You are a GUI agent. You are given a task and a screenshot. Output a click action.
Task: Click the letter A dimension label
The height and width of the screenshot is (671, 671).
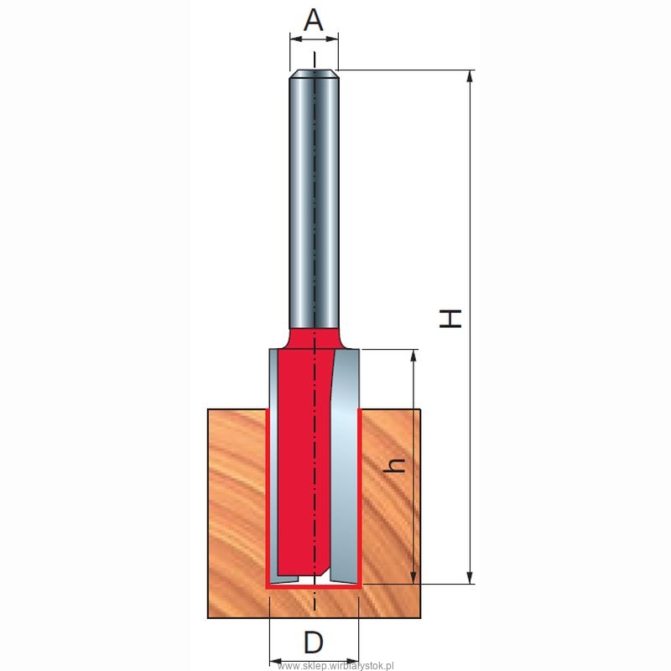(x=313, y=20)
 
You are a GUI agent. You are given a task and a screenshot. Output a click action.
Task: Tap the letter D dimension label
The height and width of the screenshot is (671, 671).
(x=313, y=642)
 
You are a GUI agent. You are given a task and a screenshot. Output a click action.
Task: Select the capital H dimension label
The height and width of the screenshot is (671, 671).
(x=450, y=319)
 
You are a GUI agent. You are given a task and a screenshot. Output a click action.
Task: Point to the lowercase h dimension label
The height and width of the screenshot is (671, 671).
(x=394, y=466)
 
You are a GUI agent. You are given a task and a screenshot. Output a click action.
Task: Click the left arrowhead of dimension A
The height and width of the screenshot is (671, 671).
(x=296, y=39)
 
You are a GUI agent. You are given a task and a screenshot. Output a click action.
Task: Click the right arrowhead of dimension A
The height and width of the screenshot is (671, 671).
(x=332, y=39)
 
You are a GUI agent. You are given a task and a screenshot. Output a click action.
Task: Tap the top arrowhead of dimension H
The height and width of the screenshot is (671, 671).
(x=470, y=76)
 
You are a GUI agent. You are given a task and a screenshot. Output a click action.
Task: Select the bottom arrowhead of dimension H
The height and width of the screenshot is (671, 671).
(x=470, y=577)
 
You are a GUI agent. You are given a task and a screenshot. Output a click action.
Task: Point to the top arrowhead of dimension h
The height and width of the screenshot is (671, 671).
(x=414, y=356)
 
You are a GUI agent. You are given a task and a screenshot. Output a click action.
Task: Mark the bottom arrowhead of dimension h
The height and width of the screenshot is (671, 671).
(x=414, y=577)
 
